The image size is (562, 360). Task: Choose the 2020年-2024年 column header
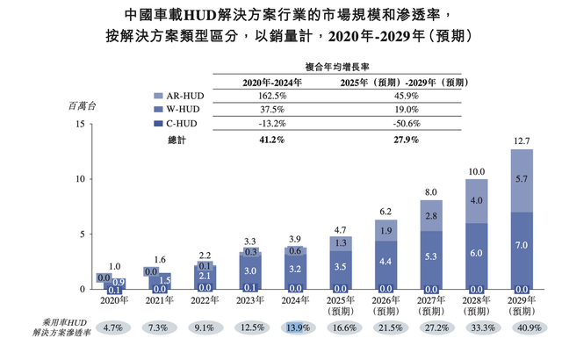click(x=271, y=81)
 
